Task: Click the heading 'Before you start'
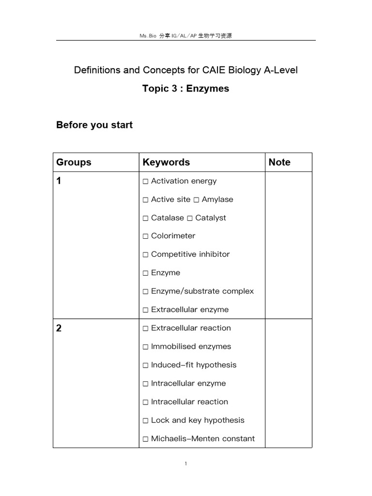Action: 94,125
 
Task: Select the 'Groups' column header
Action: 74,162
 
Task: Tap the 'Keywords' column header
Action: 166,162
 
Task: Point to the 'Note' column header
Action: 279,162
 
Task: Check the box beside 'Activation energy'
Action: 146,182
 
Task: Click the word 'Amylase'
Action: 217,200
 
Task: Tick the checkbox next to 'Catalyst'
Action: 190,218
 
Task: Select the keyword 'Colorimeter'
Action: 173,236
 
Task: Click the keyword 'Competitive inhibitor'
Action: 190,254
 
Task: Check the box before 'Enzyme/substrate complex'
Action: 146,292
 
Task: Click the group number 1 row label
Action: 59,182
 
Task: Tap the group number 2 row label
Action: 59,328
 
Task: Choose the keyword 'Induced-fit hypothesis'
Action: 194,365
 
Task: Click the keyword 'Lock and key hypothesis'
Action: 198,420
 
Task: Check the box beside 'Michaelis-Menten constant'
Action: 146,439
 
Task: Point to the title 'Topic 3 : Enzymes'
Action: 186,89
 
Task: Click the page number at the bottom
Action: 186,464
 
